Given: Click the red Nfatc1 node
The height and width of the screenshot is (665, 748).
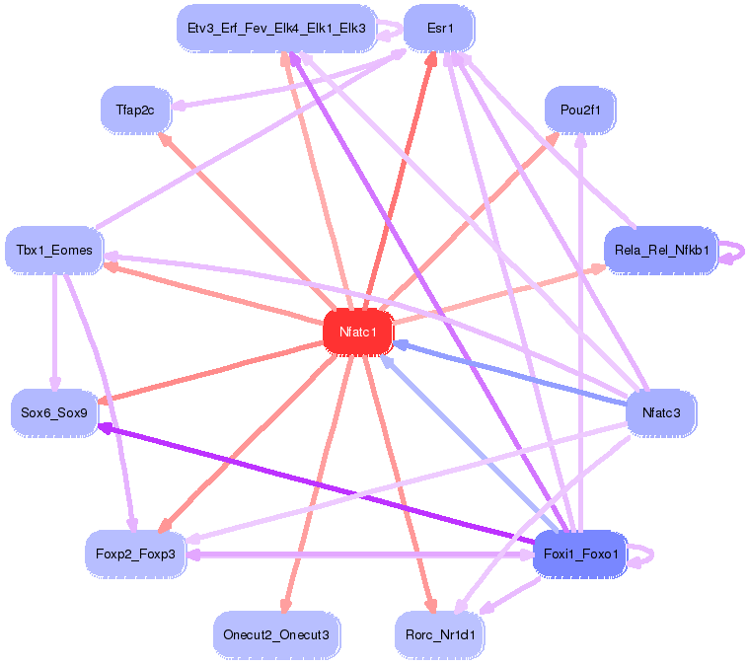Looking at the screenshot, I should click(x=358, y=332).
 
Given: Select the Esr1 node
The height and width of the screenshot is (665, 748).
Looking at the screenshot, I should click(x=439, y=29).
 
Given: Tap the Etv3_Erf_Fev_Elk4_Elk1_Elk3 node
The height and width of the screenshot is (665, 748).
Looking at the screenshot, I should click(x=275, y=29).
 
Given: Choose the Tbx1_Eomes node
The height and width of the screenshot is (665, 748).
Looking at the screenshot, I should click(x=54, y=250).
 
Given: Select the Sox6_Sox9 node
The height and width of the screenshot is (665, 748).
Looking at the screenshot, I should click(x=54, y=412).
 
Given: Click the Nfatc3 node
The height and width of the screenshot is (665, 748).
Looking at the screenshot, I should click(x=661, y=412).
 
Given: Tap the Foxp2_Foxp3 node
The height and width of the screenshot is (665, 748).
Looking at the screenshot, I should click(x=135, y=554).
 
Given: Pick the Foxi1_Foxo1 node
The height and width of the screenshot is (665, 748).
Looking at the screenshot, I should click(x=580, y=554).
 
